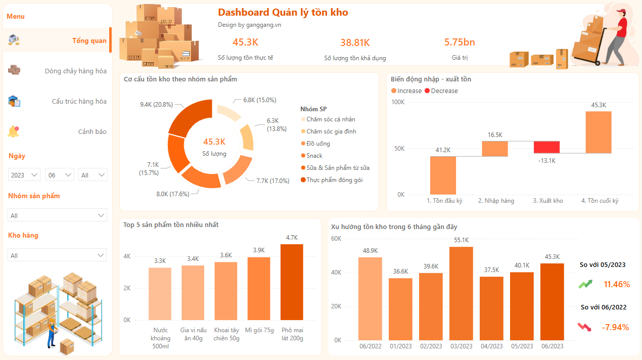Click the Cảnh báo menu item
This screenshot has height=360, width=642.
pyautogui.click(x=92, y=131)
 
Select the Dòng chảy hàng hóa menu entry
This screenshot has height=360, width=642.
pyautogui.click(x=75, y=71)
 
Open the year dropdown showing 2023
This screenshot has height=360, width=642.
pyautogui.click(x=24, y=175)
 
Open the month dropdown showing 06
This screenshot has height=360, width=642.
pyautogui.click(x=60, y=175)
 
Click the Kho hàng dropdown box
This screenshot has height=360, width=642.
pyautogui.click(x=57, y=255)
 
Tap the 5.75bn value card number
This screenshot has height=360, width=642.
pyautogui.click(x=460, y=42)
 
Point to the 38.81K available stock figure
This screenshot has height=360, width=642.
pyautogui.click(x=355, y=42)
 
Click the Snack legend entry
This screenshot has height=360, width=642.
pyautogui.click(x=314, y=156)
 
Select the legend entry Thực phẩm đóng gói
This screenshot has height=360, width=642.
pyautogui.click(x=334, y=180)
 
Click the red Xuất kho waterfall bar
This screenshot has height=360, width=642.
pyautogui.click(x=546, y=147)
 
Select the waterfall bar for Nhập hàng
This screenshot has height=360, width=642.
pyautogui.click(x=494, y=149)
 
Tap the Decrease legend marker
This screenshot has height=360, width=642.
pyautogui.click(x=427, y=91)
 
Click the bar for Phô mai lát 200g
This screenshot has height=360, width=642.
pyautogui.click(x=292, y=282)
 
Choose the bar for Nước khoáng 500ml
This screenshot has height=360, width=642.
pyautogui.click(x=160, y=293)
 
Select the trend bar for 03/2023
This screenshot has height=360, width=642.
pyautogui.click(x=462, y=293)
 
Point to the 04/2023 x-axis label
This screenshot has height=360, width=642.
pyautogui.click(x=492, y=346)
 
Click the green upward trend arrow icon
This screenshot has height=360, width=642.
pyautogui.click(x=585, y=284)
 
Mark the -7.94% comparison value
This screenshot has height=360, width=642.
pyautogui.click(x=615, y=327)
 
